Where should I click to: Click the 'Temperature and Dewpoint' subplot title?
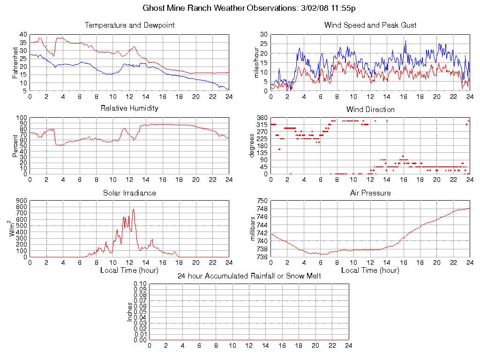(129, 25)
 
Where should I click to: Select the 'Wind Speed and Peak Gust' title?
(370, 25)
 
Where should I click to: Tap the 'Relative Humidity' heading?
(129, 108)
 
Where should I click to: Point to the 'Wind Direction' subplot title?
(370, 110)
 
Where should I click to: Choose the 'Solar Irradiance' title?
(129, 193)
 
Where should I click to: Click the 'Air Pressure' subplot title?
(370, 193)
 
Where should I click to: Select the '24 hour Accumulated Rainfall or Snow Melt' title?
(249, 276)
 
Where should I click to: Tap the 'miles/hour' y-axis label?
(256, 63)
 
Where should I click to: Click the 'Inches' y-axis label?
(130, 312)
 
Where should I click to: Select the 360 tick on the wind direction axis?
(262, 118)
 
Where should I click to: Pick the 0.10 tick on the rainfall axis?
(140, 284)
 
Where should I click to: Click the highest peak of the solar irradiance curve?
(134, 210)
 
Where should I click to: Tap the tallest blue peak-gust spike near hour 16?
(405, 41)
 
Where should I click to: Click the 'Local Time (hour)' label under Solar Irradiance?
(129, 270)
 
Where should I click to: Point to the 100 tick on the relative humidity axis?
(22, 118)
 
